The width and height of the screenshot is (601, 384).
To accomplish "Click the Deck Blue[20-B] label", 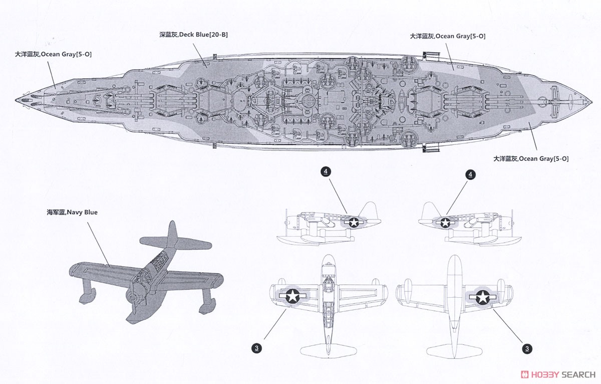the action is coord(193,35).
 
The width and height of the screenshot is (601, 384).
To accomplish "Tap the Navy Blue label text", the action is coord(72,213).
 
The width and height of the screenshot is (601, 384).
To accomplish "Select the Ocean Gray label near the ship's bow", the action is coord(53,54).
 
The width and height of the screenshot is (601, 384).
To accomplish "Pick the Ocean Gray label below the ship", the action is coord(531,159).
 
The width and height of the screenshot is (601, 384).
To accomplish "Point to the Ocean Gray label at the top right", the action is coord(448,36).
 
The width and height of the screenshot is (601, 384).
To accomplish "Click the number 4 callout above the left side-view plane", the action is coord(326,171).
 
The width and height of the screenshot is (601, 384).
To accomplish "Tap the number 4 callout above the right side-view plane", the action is coord(470,175).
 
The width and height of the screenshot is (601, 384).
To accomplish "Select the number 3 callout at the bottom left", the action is coord(257,348).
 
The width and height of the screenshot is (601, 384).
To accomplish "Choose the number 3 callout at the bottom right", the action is coord(527,349).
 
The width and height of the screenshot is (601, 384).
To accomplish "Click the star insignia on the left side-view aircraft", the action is coord(354,223).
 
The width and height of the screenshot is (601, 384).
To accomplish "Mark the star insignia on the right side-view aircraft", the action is coord(446,223).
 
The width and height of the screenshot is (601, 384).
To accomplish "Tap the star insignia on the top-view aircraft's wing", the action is coord(292,296).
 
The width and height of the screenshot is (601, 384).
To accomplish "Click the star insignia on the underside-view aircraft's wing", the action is coord(483,297).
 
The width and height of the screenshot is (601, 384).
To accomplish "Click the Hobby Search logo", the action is coord(558,374).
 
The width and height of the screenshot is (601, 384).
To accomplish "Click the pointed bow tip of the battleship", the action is coord(16,100).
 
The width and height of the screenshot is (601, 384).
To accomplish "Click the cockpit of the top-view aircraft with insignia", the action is coord(328,281).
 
